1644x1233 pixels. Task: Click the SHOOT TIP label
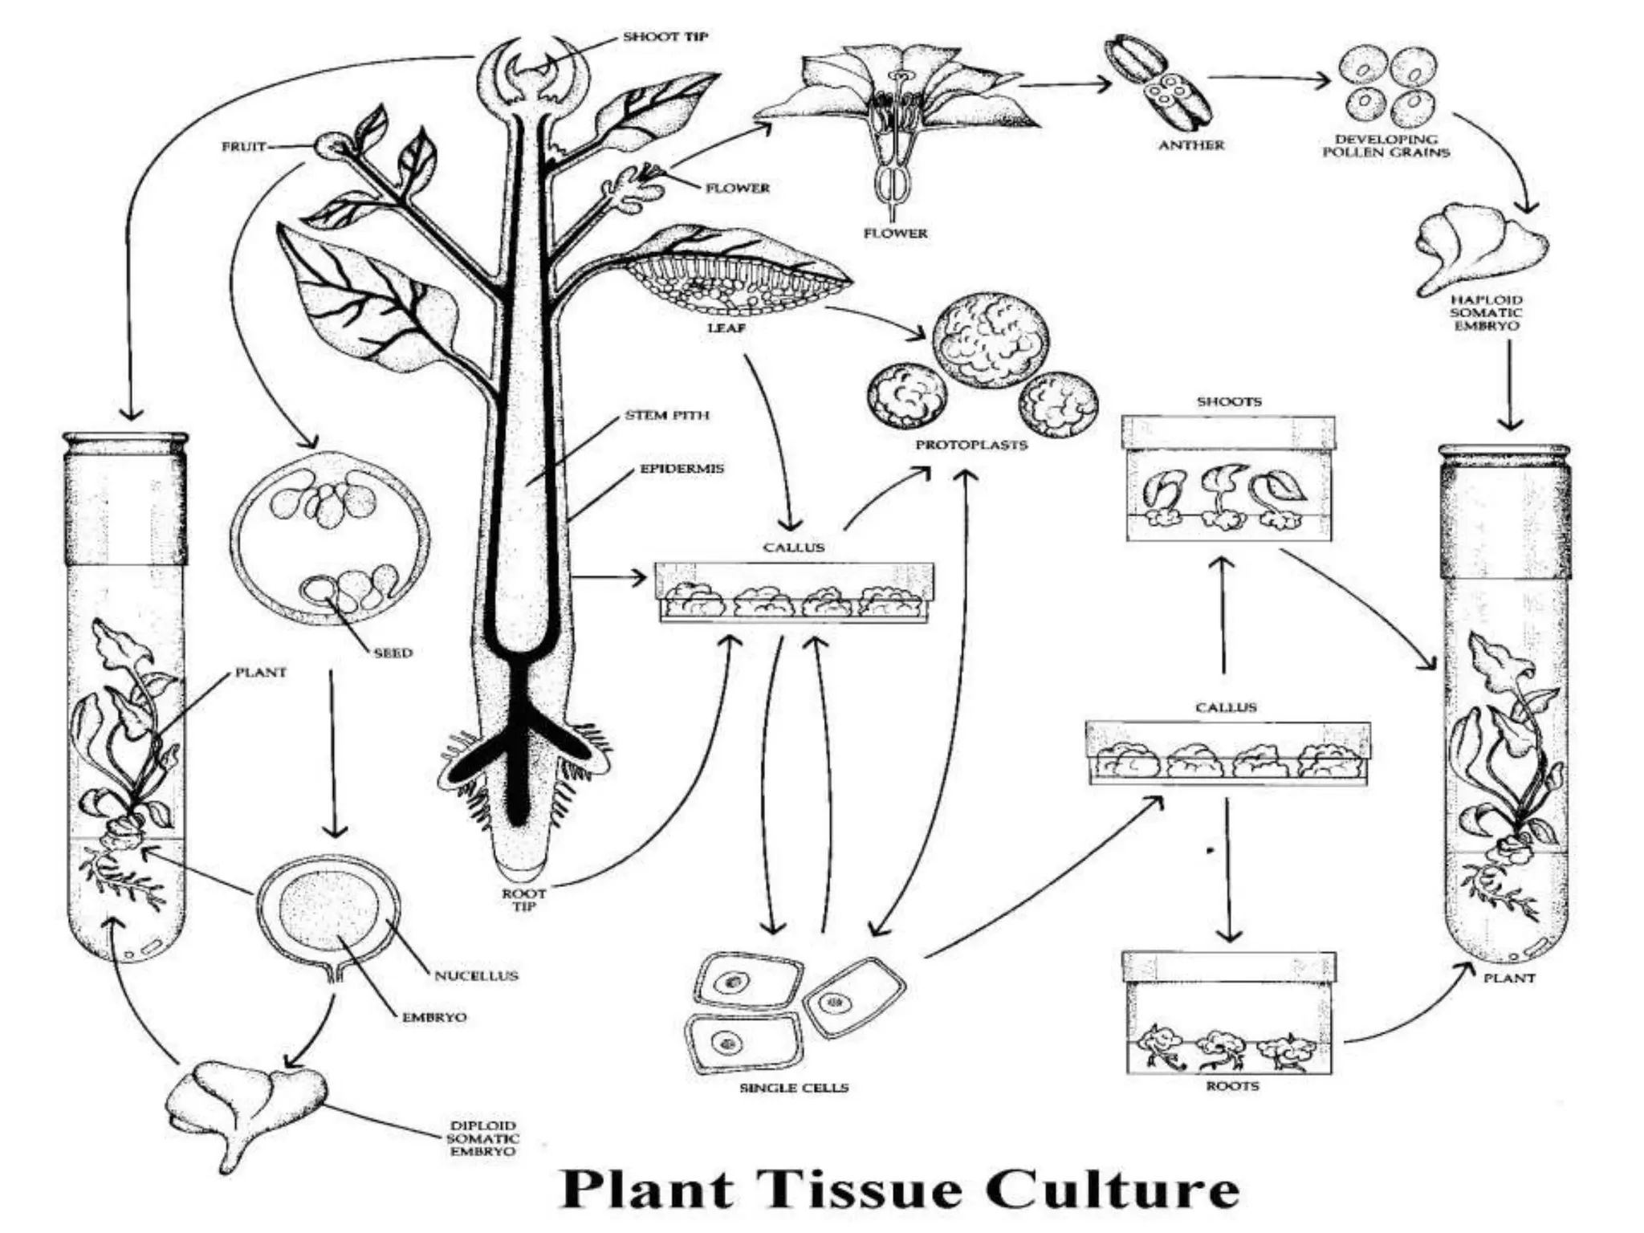[665, 37]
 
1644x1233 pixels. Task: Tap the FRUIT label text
[243, 147]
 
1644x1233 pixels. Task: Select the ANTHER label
[1191, 145]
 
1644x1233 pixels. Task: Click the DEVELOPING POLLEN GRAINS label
[1386, 145]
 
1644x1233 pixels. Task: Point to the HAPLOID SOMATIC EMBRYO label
[1486, 313]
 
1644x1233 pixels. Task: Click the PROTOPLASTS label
[971, 445]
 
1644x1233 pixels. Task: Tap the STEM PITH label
[667, 416]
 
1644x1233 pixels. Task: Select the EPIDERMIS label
[682, 468]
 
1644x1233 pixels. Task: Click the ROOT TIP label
[523, 899]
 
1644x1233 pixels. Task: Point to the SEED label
[393, 653]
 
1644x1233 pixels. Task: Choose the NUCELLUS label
[476, 976]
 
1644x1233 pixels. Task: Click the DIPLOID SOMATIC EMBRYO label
[482, 1138]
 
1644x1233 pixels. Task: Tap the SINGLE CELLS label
[794, 1088]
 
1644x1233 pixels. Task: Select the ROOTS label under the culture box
[1232, 1086]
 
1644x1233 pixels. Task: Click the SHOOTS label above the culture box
[1229, 401]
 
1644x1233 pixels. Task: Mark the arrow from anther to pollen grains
[1272, 79]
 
